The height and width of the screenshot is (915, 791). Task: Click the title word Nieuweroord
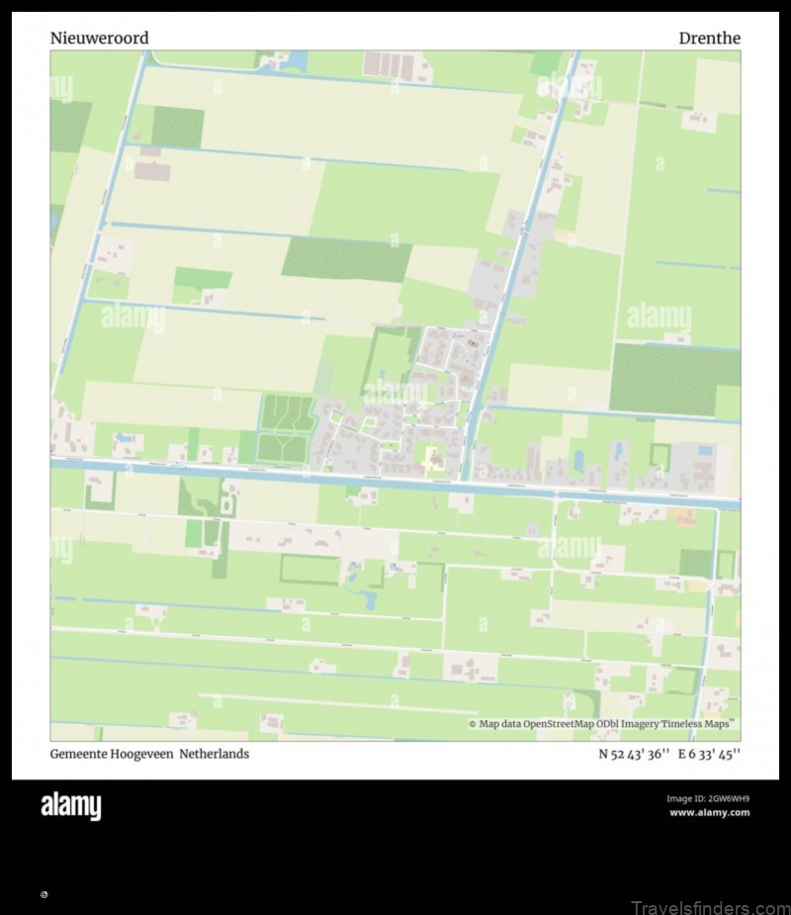(x=100, y=39)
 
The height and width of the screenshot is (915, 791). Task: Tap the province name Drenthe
(x=709, y=39)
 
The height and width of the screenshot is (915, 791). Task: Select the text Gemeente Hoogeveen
(x=112, y=754)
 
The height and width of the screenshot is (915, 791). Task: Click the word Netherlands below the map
(x=215, y=754)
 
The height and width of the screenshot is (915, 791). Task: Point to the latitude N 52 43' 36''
(x=634, y=754)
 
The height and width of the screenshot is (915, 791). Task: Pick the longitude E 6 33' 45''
(x=709, y=754)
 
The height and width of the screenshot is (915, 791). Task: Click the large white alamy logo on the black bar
(x=70, y=806)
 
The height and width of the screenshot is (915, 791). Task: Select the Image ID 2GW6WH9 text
(x=708, y=798)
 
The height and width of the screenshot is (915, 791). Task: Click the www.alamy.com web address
(x=709, y=813)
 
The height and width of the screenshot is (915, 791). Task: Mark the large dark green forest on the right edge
(x=673, y=379)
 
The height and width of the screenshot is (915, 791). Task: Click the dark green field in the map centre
(x=346, y=259)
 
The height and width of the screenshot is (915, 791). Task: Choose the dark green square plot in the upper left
(x=178, y=127)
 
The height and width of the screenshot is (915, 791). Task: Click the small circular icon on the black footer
(x=44, y=894)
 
